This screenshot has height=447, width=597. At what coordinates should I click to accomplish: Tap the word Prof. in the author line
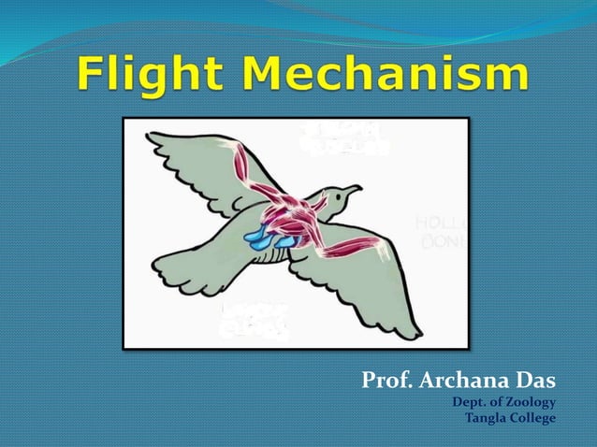point(387,382)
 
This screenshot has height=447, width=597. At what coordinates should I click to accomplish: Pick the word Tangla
point(487,417)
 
